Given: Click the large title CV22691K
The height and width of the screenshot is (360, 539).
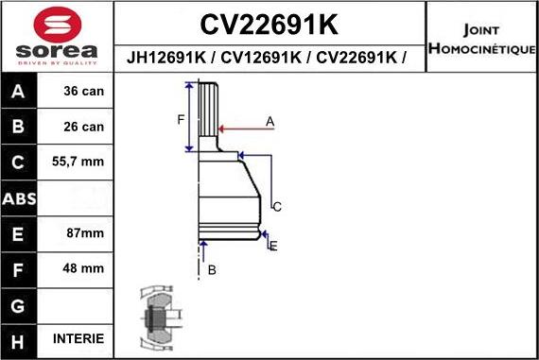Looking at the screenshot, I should (269, 23).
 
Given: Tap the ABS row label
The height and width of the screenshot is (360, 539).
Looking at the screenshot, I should (20, 197).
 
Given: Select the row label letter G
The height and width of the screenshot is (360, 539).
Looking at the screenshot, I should (20, 304).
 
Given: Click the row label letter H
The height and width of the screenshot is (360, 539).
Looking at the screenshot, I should (20, 338).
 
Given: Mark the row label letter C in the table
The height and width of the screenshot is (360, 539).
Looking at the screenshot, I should (20, 162).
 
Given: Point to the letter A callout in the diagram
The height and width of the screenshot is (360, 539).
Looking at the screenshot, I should (269, 121).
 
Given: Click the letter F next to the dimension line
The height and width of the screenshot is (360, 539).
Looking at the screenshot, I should (180, 118).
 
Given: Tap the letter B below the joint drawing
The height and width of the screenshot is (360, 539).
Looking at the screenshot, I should (212, 270).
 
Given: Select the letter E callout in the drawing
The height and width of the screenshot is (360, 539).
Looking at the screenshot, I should (273, 246).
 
